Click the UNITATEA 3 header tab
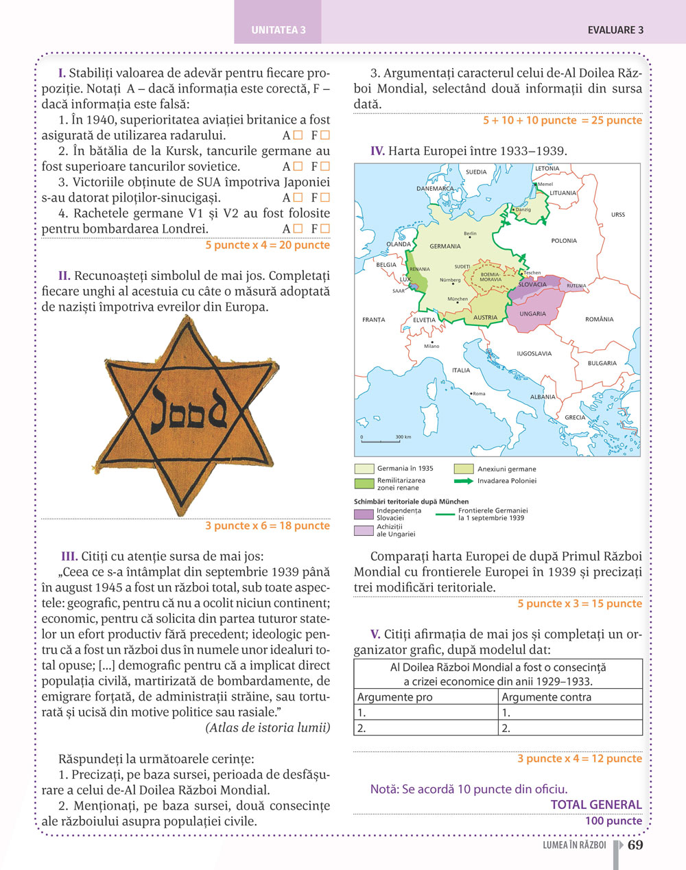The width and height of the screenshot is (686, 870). tap(278, 30)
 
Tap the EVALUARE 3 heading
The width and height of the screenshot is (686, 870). tap(615, 30)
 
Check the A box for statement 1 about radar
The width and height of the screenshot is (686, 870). tap(298, 135)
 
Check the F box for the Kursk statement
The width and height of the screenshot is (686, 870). tap(324, 166)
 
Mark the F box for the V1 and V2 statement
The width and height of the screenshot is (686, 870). tap(324, 228)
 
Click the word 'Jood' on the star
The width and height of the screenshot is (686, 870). tap(188, 410)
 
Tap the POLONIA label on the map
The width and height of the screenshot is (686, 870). tap(564, 241)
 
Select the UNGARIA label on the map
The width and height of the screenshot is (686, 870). tap(532, 314)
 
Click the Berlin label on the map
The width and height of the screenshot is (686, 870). tap(470, 234)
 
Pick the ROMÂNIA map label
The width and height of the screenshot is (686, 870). tap(599, 319)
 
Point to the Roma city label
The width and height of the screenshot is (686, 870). tap(478, 394)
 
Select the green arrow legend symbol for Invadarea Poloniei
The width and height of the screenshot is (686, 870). tap(463, 481)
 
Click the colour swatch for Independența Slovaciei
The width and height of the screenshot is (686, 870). tap(364, 514)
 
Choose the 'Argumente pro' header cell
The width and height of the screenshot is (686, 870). tap(395, 697)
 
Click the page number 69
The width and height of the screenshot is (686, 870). tap(635, 845)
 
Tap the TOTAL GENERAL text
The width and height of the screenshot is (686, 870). tap(595, 805)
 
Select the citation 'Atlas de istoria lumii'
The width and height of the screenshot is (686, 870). tap(268, 728)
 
